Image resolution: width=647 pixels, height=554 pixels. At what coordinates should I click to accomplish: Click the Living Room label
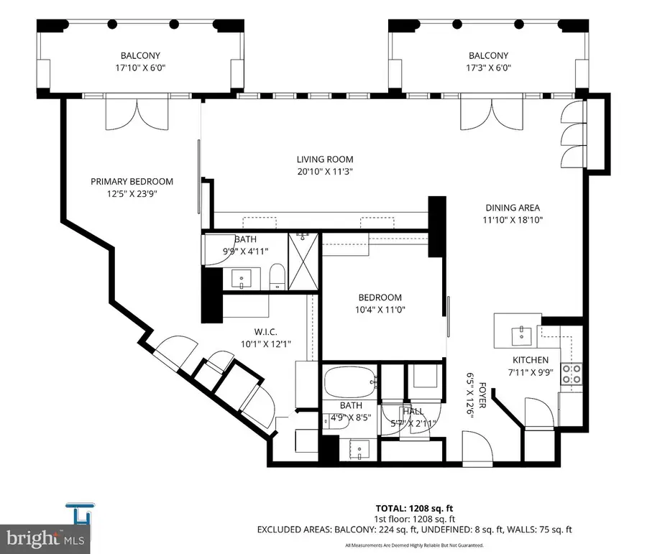click(326, 160)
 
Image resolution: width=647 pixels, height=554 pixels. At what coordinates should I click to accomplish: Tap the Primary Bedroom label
click(132, 182)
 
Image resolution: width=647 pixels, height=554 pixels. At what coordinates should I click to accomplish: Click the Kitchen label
click(531, 360)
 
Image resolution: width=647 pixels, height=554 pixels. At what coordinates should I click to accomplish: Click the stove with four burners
click(571, 373)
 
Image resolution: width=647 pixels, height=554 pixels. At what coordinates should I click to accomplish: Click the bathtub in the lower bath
click(349, 382)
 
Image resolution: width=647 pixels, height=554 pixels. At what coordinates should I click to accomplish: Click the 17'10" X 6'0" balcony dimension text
click(140, 69)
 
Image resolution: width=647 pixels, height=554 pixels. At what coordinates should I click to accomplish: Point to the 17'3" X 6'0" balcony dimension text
click(488, 69)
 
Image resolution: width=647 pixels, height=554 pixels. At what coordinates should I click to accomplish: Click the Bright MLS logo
click(42, 537)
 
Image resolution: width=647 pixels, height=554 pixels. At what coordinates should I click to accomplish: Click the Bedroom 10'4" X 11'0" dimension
click(381, 311)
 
